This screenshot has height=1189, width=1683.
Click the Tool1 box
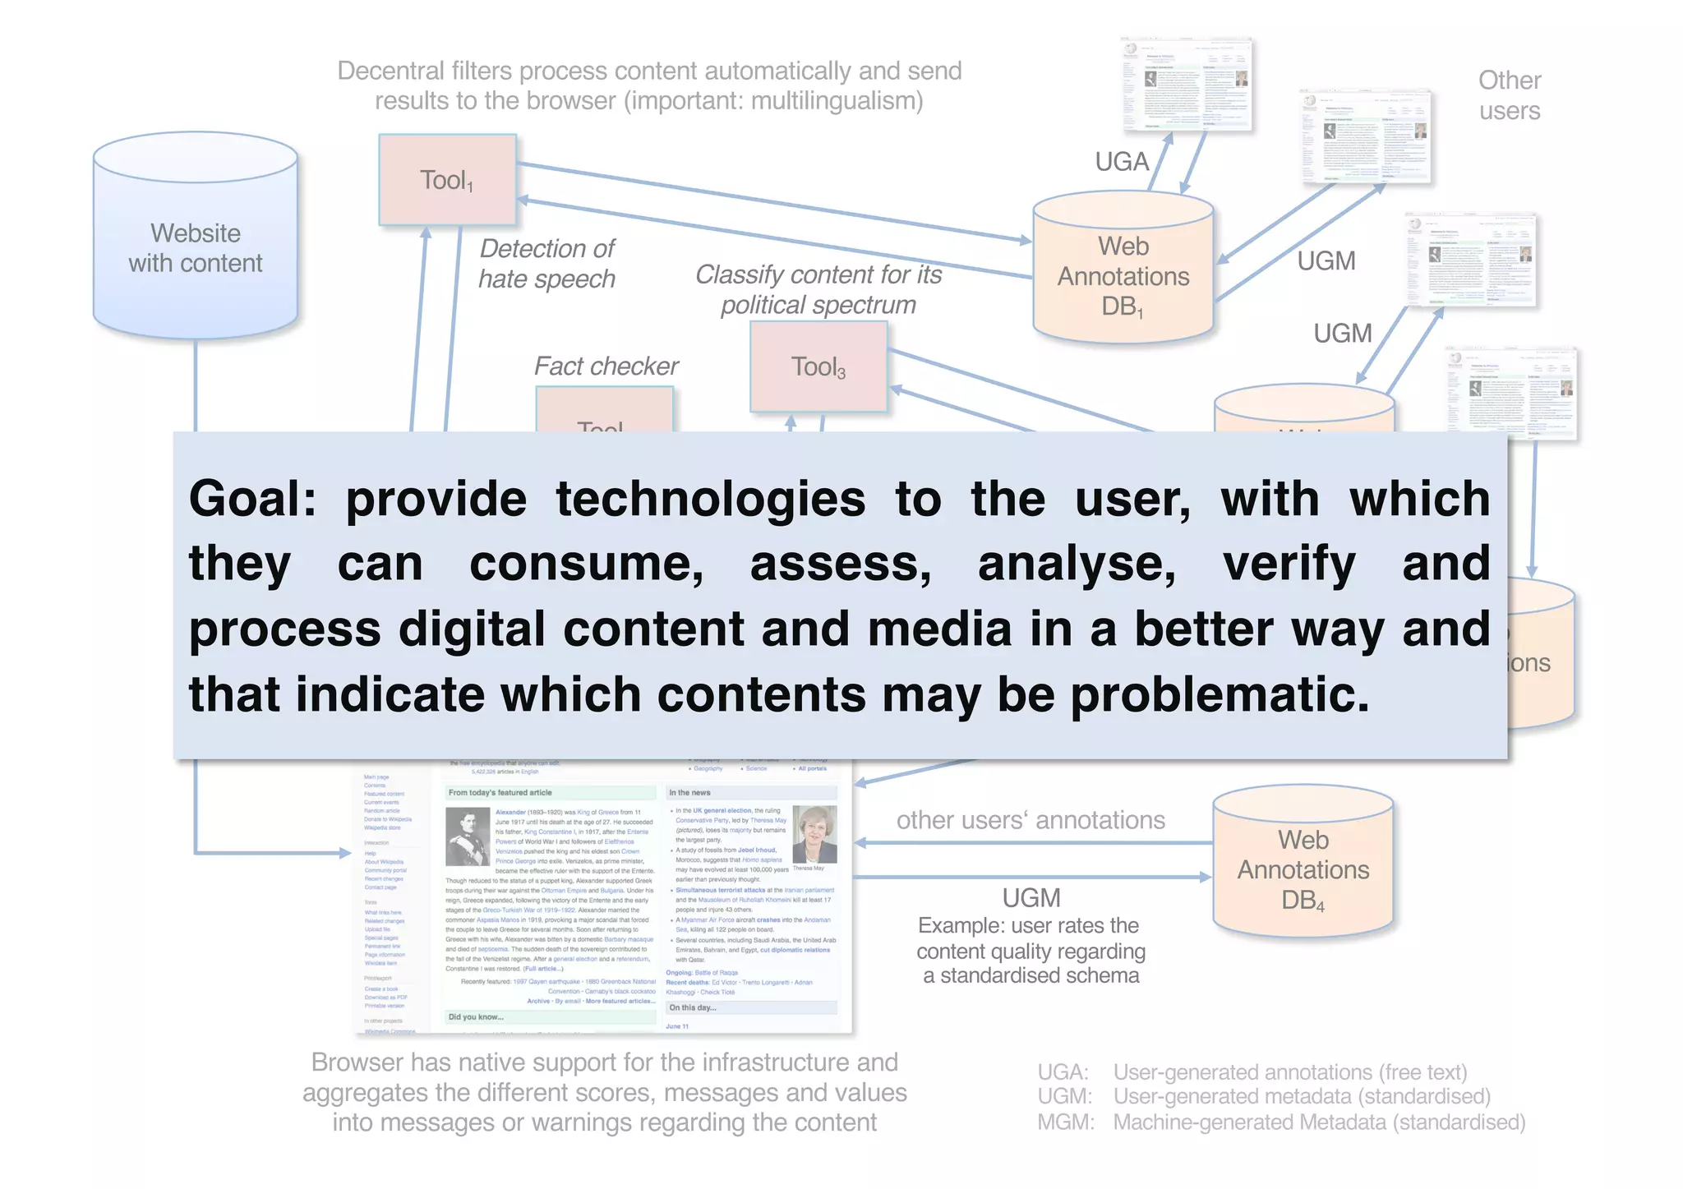[x=447, y=180]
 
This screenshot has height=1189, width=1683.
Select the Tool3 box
[x=818, y=366]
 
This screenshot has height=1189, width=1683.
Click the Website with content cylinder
[x=196, y=247]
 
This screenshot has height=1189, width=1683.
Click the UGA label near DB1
[x=1121, y=162]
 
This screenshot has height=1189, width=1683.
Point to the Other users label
[x=1510, y=95]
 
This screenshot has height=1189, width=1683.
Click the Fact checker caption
[x=606, y=366]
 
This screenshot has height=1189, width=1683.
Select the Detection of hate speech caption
[x=546, y=264]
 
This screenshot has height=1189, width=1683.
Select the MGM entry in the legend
[x=1064, y=1122]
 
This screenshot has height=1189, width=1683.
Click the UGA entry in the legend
[x=1062, y=1072]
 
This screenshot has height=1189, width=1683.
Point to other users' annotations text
[x=1031, y=820]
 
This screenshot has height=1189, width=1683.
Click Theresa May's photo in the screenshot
[x=814, y=833]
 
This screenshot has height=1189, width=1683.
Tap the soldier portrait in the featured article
[x=468, y=836]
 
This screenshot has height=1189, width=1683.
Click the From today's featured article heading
[x=500, y=793]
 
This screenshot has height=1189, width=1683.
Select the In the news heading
[x=689, y=793]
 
